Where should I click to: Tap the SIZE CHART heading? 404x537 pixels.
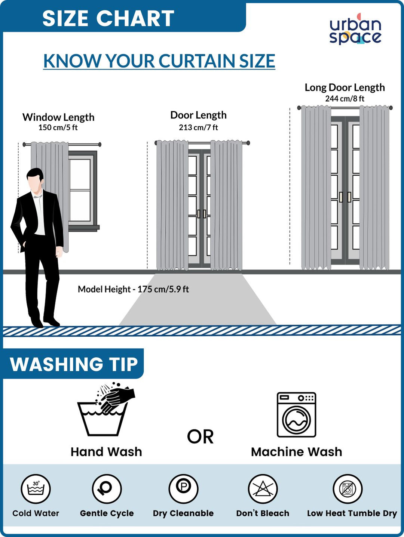pos(108,18)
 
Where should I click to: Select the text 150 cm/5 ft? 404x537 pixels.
pos(58,127)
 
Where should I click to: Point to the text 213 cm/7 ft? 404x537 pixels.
pos(198,127)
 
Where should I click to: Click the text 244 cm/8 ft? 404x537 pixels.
pos(345,99)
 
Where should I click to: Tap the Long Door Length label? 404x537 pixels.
pos(345,87)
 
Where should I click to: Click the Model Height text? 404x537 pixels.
pos(133,289)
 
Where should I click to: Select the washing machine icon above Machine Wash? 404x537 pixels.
pos(296,415)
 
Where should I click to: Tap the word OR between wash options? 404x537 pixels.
pos(200,437)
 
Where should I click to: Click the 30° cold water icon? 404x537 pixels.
pos(36,488)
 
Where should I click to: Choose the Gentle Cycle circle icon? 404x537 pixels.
pos(107,488)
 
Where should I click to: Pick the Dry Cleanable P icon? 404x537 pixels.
pos(183,488)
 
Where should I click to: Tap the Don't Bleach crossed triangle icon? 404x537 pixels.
pos(263,488)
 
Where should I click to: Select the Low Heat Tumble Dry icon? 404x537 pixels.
pos(348,488)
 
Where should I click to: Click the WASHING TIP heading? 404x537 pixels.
pos(74,364)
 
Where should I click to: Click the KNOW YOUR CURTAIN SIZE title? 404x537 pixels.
pos(159,61)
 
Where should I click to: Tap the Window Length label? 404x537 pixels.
pos(58,117)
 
